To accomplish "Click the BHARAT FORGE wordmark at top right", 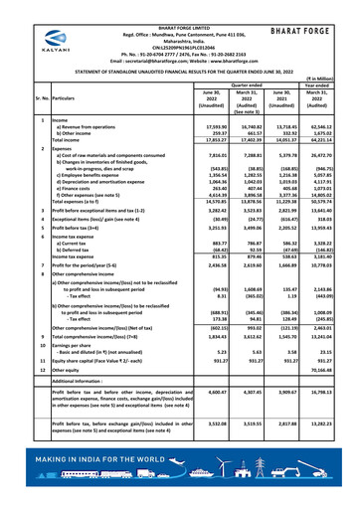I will [x=308, y=31].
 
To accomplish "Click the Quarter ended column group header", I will [x=247, y=85].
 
